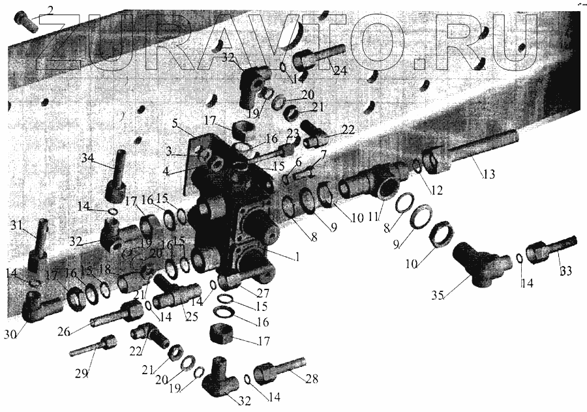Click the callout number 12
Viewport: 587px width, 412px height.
coord(436,190)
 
